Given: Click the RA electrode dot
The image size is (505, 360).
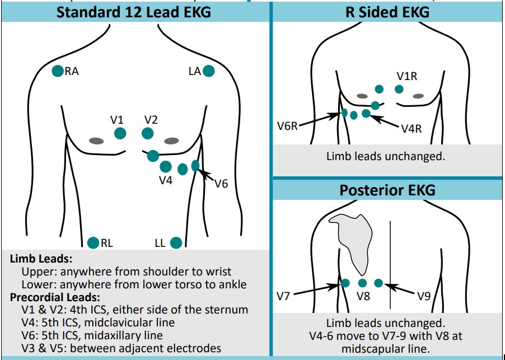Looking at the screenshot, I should click(57, 71).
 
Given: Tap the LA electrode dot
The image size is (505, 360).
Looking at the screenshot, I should click(209, 71).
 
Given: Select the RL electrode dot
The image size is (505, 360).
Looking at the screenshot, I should click(93, 242).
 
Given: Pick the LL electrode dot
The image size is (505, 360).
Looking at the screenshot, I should click(176, 242).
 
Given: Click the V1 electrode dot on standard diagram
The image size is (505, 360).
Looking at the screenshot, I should click(120, 133).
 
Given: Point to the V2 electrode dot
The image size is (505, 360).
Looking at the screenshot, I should click(148, 133).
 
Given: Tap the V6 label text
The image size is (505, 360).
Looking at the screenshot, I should click(221, 183).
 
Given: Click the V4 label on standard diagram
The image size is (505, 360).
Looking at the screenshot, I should click(165, 180).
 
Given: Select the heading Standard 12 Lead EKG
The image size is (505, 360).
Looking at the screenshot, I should click(134, 11).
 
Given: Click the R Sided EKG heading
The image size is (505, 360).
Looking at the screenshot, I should click(387, 11).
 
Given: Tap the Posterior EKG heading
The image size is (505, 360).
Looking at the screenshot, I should click(387, 190).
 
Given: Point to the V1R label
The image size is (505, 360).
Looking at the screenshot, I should click(406, 76).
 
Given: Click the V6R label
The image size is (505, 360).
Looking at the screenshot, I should click(287, 127).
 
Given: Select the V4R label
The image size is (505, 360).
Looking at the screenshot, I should click(411, 129).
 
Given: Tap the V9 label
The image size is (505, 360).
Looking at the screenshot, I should click(423, 296).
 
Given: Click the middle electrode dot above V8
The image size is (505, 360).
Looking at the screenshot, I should click(362, 283).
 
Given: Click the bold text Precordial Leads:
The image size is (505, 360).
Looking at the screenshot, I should click(55, 297).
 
